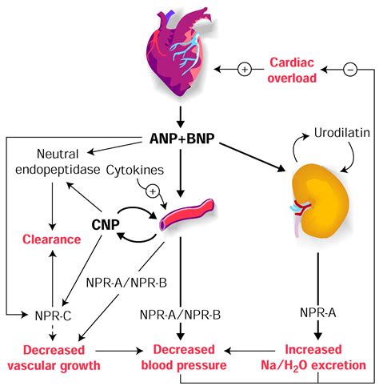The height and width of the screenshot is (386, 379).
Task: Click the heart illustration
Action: tap(189, 53)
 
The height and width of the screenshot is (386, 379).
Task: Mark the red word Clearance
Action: tap(51, 239)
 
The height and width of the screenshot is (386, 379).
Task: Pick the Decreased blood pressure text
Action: tap(189, 358)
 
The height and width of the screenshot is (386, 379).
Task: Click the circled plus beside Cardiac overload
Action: tap(245, 70)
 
